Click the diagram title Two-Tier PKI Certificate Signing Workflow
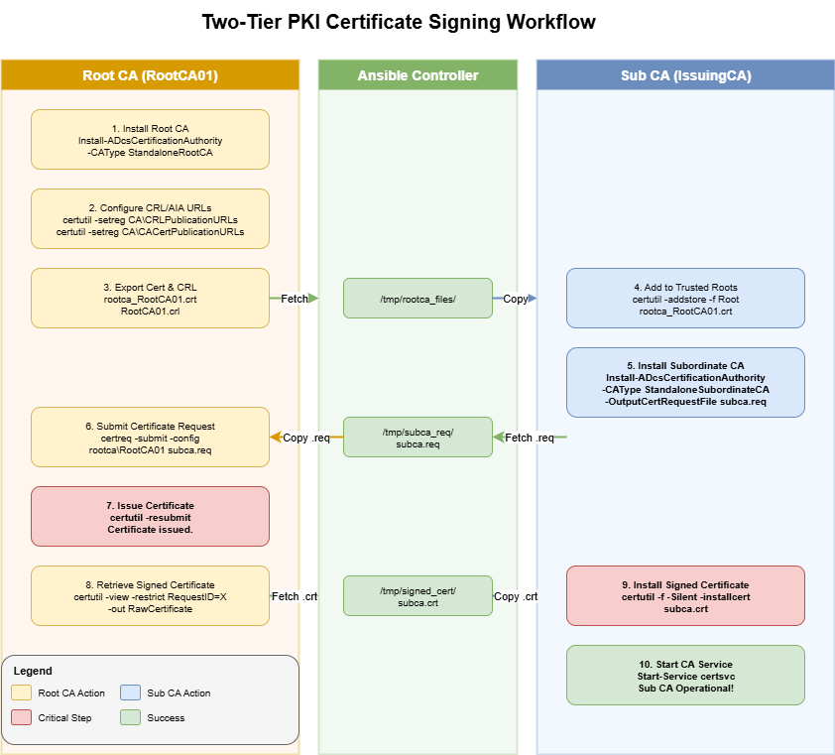click(399, 22)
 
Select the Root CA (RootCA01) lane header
click(150, 75)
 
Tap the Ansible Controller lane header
click(417, 75)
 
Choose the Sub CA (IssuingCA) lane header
click(685, 75)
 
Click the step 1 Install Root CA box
click(150, 139)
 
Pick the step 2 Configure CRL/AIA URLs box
click(150, 218)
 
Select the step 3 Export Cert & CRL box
click(150, 298)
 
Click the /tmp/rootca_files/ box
click(417, 298)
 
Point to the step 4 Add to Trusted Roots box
click(685, 298)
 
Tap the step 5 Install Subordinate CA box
click(685, 382)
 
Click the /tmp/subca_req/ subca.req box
click(417, 437)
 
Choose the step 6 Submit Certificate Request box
click(150, 437)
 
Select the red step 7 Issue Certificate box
click(150, 516)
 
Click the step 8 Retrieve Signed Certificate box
click(150, 595)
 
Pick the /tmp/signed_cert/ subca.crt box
click(417, 595)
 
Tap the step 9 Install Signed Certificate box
click(685, 595)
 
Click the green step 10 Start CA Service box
click(685, 675)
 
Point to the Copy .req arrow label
click(306, 438)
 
